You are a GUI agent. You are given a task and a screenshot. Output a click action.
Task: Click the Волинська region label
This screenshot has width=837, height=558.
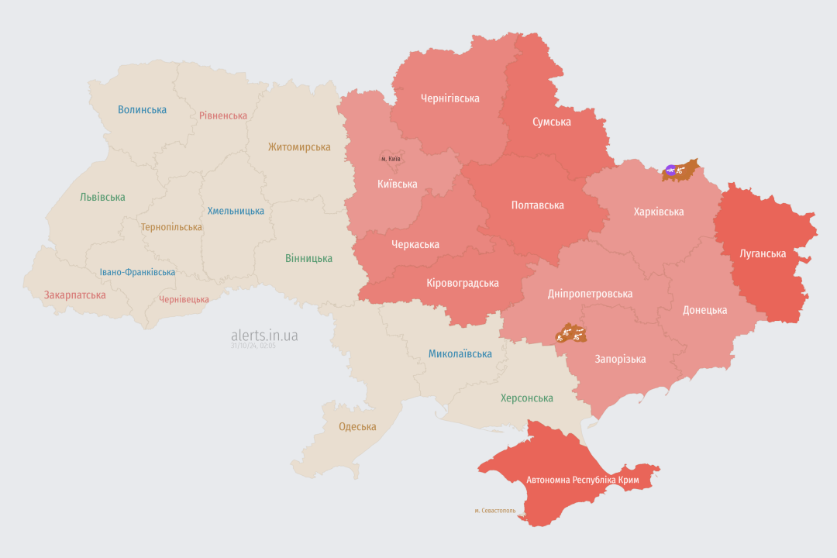point(142,110)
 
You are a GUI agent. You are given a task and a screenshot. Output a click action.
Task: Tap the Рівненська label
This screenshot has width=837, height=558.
point(223,115)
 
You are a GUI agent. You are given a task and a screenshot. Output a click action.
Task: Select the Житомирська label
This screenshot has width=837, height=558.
point(299,147)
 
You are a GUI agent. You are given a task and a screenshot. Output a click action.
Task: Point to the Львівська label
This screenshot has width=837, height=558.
point(102,198)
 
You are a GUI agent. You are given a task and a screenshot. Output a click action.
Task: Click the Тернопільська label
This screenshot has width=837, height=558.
point(171,227)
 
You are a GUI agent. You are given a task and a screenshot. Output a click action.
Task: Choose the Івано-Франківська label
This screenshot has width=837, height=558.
point(137,272)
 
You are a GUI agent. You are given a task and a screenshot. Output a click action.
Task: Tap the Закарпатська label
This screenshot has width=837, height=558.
point(74,295)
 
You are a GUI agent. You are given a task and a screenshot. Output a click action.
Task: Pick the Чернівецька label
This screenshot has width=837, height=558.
point(184,299)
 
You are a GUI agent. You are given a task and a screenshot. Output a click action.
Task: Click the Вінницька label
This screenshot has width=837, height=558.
point(308,258)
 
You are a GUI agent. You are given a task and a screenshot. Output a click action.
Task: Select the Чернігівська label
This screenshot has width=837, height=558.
point(449,98)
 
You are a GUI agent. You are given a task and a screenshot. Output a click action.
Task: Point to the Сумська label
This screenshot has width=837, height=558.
point(552,122)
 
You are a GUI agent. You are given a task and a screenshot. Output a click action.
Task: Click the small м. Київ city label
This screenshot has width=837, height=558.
point(391,159)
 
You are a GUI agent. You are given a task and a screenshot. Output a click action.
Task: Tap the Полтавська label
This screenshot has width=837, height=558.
point(538,205)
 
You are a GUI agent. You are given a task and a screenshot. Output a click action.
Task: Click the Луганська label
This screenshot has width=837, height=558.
point(763,253)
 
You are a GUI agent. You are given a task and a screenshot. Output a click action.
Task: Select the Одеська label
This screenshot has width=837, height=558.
point(357,427)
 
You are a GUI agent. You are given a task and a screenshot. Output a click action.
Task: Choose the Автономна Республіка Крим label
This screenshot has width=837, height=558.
point(583,480)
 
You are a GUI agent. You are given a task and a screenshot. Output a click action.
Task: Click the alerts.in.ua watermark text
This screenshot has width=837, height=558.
point(264,336)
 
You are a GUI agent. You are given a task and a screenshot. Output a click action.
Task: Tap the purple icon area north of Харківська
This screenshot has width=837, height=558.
point(670,170)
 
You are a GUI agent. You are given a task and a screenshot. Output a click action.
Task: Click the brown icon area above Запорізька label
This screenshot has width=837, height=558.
point(572,334)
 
